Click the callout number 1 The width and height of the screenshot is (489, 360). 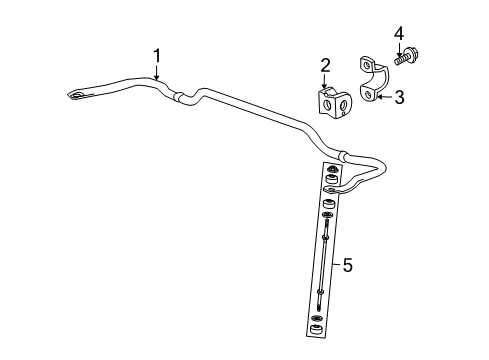pos(155,57)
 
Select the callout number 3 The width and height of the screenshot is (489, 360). pos(399,96)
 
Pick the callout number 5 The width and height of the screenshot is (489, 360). pos(347,266)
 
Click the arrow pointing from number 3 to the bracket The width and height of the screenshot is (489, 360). pos(386,98)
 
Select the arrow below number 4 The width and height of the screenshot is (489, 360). pos(400,46)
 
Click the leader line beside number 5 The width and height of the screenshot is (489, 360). pos(334,266)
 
